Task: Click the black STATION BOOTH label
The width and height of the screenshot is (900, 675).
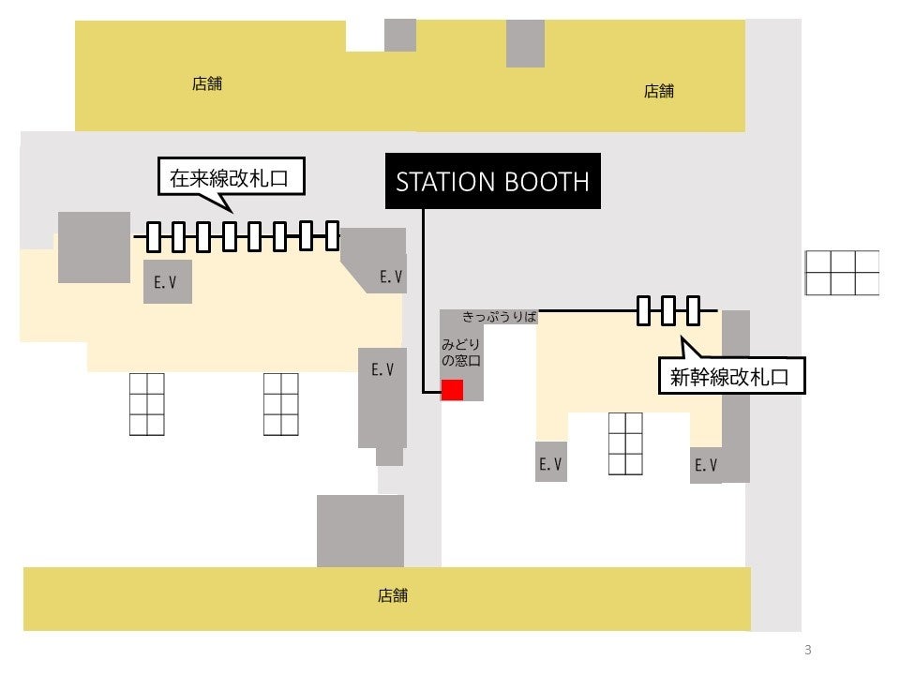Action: point(493,181)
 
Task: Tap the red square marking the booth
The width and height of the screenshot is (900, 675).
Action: point(453,390)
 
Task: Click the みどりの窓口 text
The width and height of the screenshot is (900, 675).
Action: point(461,352)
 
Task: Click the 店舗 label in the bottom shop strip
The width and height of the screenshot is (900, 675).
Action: point(393,595)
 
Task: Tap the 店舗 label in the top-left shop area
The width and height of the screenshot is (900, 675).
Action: point(207,83)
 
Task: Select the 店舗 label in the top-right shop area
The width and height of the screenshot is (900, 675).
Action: point(659,91)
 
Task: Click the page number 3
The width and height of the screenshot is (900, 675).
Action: point(807,650)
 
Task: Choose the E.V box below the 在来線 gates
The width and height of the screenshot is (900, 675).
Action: point(167,282)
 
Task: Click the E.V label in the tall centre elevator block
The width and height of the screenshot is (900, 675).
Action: point(382,370)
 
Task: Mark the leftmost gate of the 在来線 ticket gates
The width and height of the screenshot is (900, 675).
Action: point(155,236)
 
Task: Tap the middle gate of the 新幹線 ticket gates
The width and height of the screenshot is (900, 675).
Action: point(668,310)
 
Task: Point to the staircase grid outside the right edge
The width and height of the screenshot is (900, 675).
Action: point(842,273)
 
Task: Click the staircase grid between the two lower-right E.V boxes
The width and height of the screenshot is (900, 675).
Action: point(625,443)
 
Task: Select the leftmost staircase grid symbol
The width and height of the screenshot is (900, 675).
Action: point(146,404)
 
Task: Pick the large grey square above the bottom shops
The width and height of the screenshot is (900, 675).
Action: point(360,531)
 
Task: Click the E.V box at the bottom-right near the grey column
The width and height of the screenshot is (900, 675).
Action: point(706,465)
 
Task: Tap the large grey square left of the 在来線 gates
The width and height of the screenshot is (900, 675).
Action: point(94,247)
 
